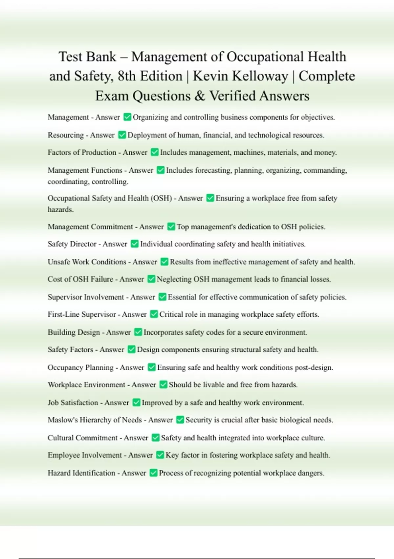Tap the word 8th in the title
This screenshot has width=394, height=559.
127,76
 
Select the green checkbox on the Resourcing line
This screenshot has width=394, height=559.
122,135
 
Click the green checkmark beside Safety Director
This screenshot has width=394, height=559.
135,244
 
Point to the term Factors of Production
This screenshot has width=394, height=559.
82,152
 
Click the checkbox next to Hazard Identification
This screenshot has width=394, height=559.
153,473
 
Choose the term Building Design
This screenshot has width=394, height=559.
74,332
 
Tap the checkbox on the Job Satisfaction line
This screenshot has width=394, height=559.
136,402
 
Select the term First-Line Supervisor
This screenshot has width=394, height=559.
82,314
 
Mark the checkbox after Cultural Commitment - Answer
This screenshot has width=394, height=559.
155,438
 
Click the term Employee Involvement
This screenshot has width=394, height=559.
85,455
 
